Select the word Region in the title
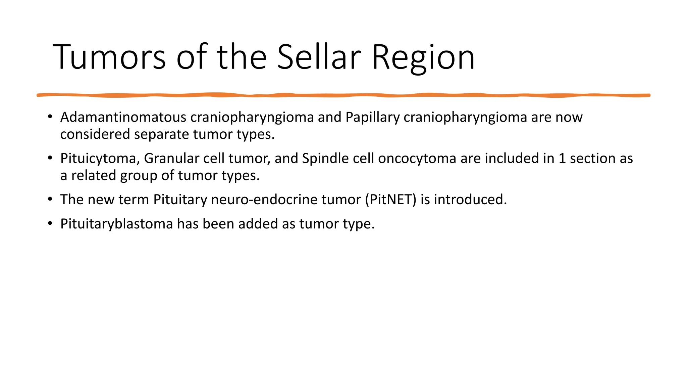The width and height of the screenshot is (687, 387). (423, 58)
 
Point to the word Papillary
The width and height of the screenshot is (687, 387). (373, 117)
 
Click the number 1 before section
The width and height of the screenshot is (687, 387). (562, 159)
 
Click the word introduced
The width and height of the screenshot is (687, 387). (470, 200)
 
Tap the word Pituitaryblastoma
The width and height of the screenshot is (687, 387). (116, 224)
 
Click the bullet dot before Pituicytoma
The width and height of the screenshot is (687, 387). (50, 158)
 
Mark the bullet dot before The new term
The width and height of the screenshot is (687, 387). (50, 199)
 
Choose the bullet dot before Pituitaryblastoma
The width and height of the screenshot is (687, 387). (50, 223)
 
